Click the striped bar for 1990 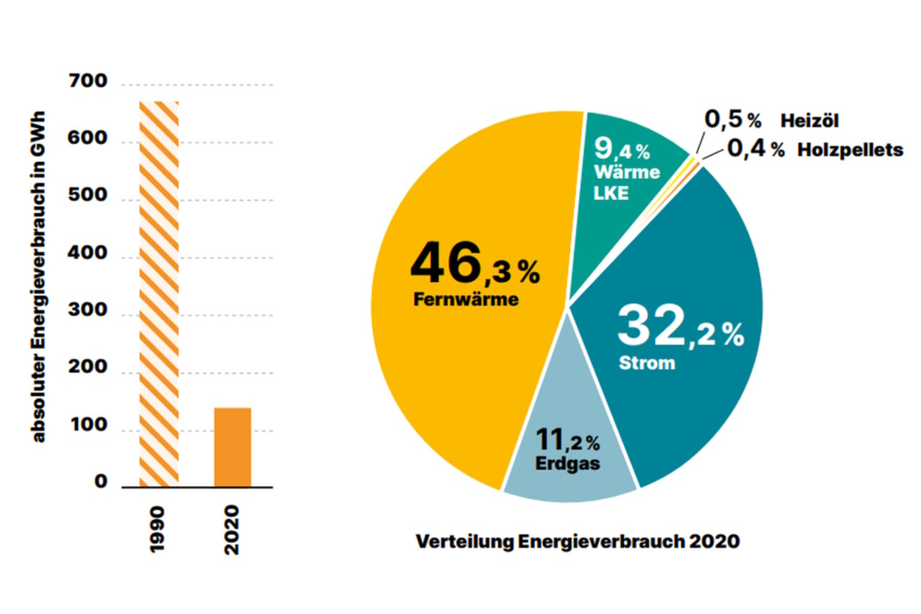coord(159,293)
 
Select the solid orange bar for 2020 coord(232,446)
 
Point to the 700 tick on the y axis coord(89,83)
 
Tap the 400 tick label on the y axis coord(89,256)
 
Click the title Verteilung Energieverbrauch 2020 coord(577,543)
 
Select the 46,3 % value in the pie coord(474,265)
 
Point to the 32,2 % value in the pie coord(680,328)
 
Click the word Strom coord(646,363)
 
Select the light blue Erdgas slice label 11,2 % coord(568,442)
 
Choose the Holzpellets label coord(850,150)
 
